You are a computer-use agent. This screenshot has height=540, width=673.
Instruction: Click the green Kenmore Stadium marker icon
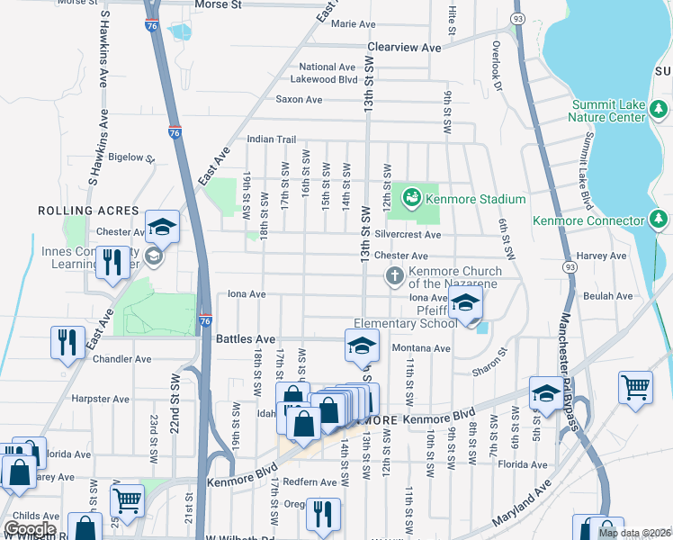(x=411, y=197)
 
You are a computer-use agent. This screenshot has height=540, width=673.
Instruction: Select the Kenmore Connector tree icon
(x=659, y=220)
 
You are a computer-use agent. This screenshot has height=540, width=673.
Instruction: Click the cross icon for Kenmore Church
(x=394, y=276)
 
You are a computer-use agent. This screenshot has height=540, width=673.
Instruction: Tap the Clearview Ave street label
(x=404, y=47)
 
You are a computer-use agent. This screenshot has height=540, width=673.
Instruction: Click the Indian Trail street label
(x=272, y=139)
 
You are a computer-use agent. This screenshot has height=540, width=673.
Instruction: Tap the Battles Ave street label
(x=241, y=339)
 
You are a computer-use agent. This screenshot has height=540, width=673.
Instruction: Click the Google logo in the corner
(x=29, y=529)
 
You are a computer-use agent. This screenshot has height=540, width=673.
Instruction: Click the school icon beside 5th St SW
(x=546, y=392)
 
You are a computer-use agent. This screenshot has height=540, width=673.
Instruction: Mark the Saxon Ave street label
(x=299, y=99)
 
